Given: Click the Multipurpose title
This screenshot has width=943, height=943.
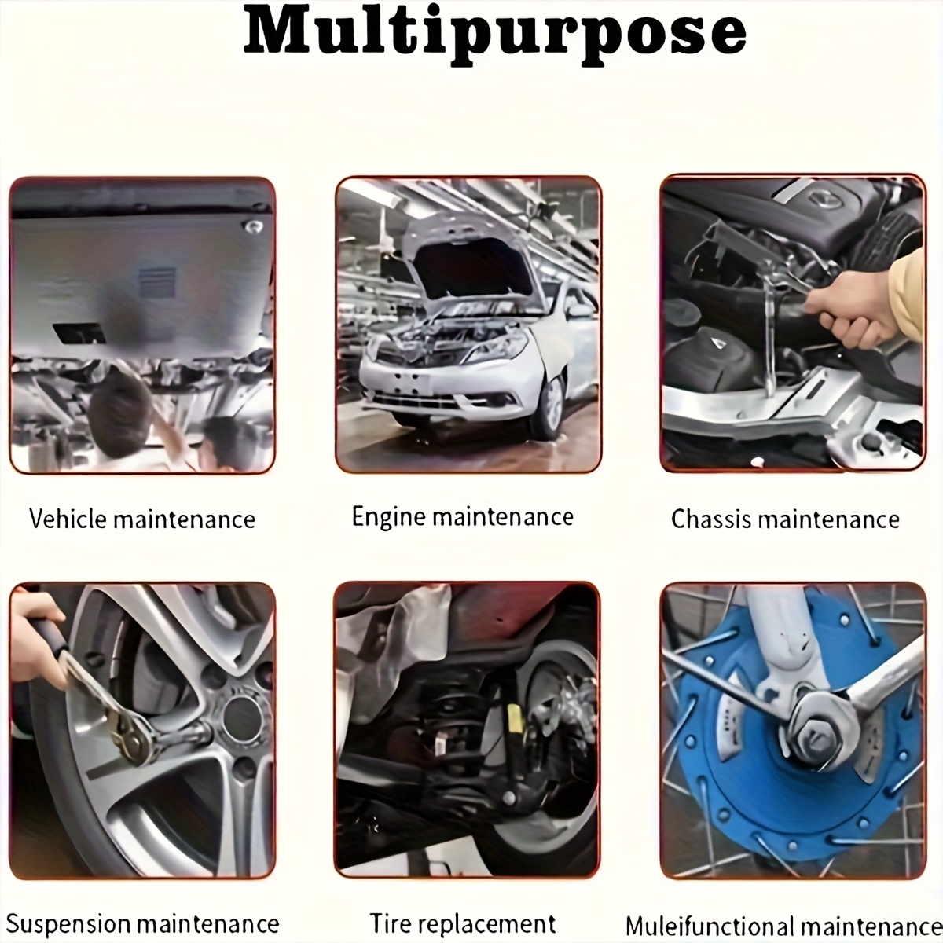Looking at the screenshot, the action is [495, 35].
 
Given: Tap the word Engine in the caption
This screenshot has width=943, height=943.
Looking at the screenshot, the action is [388, 518].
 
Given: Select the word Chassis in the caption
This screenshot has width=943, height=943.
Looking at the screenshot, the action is [710, 519].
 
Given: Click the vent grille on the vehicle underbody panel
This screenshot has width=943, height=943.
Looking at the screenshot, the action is [158, 283].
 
